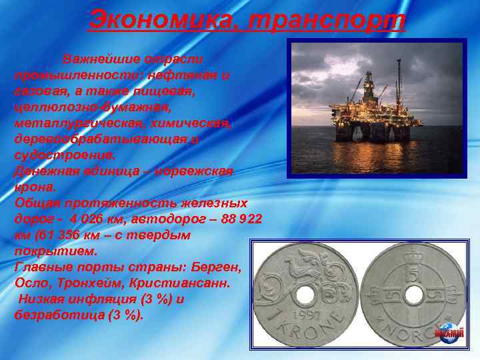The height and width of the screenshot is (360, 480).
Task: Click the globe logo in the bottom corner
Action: tap(449, 331)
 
